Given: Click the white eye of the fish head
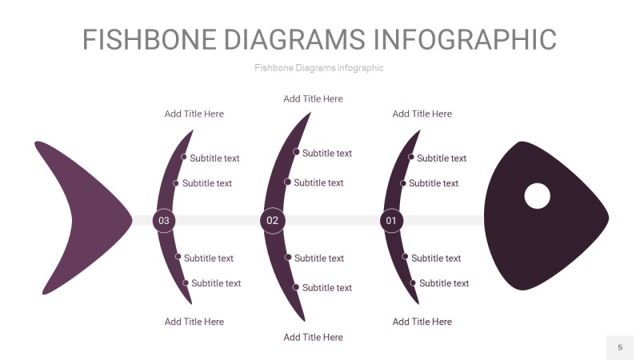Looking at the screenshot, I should point(537,196).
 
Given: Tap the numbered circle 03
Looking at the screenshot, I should point(164,220).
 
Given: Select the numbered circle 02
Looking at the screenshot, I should point(273,220).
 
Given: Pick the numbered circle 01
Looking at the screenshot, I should point(391,220).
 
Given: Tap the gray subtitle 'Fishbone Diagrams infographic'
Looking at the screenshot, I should point(319,68).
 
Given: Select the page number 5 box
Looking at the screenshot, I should point(619,347).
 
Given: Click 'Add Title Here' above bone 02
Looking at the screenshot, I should point(313,99).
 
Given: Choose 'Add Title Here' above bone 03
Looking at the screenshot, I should point(194,114).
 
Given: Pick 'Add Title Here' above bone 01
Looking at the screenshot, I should point(422,114).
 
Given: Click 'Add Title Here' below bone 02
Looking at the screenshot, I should point(313,338).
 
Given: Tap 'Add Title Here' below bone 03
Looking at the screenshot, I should point(194,322).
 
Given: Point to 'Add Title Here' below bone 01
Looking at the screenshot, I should point(422,322).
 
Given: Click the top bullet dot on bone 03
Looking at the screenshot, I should point(183,158).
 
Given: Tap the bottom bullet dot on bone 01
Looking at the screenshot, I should point(413,282).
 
